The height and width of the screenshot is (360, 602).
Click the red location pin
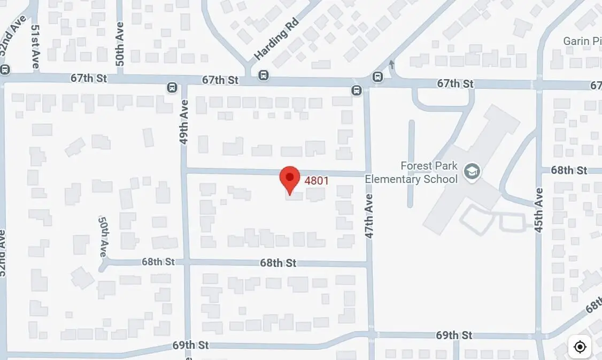coord(290,179)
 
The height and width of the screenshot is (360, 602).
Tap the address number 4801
coord(317,181)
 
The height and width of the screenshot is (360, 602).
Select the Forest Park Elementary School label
coord(411,172)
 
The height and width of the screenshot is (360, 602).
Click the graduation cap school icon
coord(472,172)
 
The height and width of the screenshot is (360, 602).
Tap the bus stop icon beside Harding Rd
coord(263,75)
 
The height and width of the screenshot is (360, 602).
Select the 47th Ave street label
coord(369,216)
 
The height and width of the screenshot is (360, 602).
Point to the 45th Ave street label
coord(539,210)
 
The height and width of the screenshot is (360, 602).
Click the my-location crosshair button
coord(580,347)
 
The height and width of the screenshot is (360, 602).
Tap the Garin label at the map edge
coord(582,41)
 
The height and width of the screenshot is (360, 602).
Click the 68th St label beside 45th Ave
coord(569,170)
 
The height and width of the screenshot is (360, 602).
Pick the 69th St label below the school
coord(454,335)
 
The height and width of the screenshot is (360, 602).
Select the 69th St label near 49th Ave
coord(190,345)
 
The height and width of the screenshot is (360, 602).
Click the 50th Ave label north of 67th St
coord(120,44)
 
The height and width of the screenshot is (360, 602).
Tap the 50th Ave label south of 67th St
coord(103,236)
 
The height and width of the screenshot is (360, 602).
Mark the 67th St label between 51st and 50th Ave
coord(89,78)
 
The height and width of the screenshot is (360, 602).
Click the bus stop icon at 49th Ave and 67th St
coord(172,87)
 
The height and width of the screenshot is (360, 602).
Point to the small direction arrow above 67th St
coord(392,65)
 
